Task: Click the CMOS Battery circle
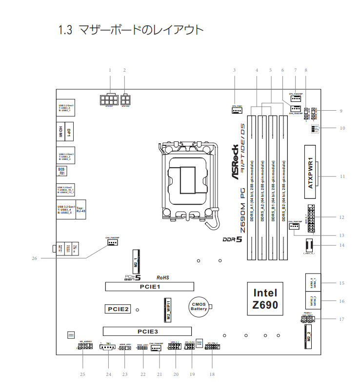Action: click(x=199, y=306)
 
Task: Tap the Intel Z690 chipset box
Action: click(x=265, y=298)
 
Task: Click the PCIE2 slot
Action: click(x=117, y=309)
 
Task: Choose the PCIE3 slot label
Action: click(x=147, y=331)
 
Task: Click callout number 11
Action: click(x=342, y=176)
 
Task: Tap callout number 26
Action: click(x=35, y=258)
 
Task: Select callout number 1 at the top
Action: click(x=110, y=70)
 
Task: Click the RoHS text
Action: click(x=162, y=277)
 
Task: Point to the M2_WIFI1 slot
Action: click(x=165, y=310)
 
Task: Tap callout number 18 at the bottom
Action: click(x=212, y=374)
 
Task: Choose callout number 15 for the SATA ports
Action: click(x=342, y=283)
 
